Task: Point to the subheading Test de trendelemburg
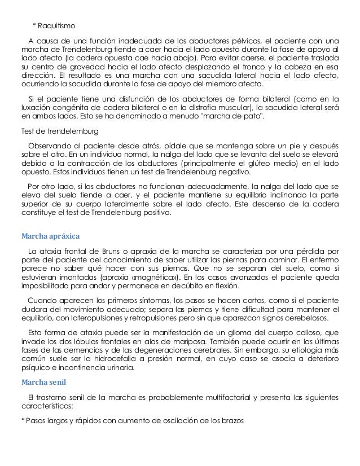[58, 131]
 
